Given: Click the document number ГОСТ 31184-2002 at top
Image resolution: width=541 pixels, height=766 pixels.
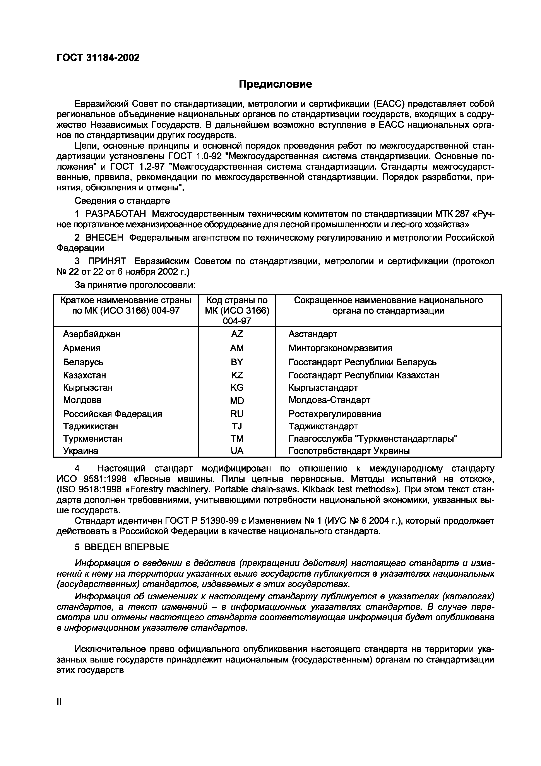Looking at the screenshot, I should pos(98,58).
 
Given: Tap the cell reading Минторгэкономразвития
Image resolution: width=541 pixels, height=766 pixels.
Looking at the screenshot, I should pos(340,348).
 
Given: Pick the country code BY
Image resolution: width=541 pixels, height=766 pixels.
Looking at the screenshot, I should pos(237,362).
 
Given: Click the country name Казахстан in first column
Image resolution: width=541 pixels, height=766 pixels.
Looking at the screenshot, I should pos(84,375).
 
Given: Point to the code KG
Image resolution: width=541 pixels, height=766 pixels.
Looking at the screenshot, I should pos(237,388).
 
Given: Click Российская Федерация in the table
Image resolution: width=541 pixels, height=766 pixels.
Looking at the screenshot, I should pos(112,414).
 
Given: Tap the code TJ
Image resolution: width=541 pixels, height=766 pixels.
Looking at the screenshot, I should pos(237,426).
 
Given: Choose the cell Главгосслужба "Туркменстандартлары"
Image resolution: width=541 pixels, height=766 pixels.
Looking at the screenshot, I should pos(373,438).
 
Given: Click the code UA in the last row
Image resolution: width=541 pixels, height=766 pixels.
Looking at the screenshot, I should pos(237,451).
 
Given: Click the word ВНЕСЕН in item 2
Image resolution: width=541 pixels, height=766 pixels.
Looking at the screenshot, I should pos(104,238).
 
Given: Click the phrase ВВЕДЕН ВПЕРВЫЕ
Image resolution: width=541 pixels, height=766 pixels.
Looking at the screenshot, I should pos(126,547).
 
